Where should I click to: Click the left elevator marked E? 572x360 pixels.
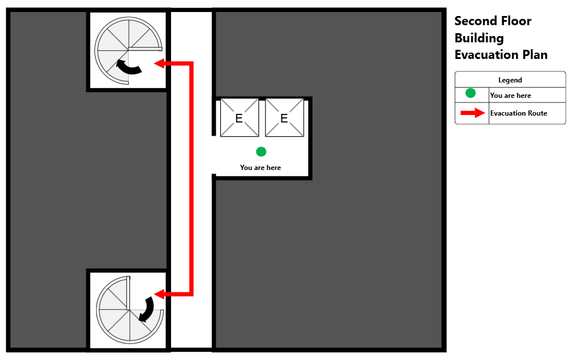239,117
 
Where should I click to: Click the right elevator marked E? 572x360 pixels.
284,117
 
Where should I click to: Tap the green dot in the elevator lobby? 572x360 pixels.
261,152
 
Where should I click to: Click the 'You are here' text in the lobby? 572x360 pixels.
260,168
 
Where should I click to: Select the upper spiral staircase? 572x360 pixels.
128,51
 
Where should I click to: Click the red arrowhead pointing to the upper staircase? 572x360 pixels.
160,64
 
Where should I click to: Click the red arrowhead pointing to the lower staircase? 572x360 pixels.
160,294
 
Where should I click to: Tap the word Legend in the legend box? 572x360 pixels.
510,80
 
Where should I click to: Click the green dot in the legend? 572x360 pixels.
470,93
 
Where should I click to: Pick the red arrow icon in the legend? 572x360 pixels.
472,113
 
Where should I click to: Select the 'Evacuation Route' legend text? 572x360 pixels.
518,113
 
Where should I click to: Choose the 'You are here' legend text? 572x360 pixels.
510,96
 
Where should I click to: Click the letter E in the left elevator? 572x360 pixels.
239,118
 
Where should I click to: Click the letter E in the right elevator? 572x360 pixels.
284,118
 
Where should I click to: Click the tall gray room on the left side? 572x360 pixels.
49,177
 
